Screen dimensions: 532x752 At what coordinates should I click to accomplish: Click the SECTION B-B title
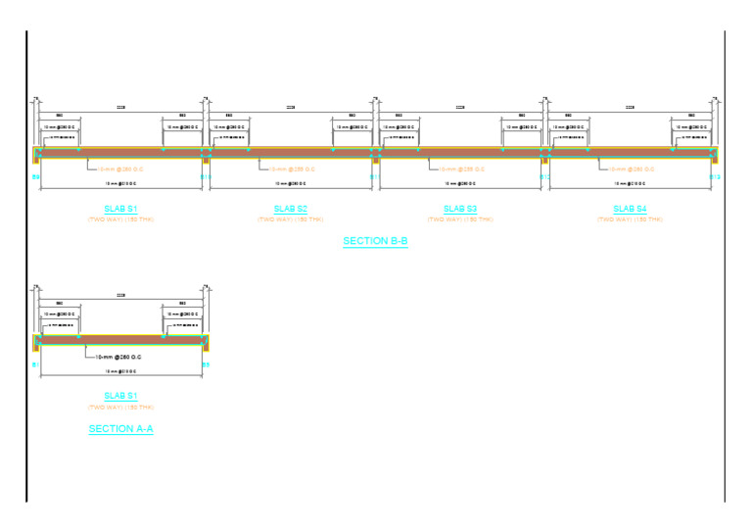pyautogui.click(x=375, y=241)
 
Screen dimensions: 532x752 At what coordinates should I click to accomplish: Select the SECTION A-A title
pyautogui.click(x=121, y=429)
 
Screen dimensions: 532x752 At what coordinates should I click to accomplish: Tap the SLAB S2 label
pyautogui.click(x=291, y=209)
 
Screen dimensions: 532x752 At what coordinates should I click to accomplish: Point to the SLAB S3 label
pyautogui.click(x=460, y=209)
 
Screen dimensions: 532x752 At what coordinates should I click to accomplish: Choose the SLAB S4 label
pyautogui.click(x=630, y=209)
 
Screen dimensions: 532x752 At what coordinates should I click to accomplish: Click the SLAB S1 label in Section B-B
pyautogui.click(x=121, y=209)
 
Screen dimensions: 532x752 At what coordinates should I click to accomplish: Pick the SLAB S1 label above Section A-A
pyautogui.click(x=121, y=396)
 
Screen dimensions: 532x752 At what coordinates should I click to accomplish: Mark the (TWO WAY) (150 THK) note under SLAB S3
pyautogui.click(x=460, y=219)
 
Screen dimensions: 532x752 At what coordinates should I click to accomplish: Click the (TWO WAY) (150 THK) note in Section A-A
pyautogui.click(x=121, y=407)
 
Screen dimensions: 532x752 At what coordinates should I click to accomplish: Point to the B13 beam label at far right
pyautogui.click(x=715, y=177)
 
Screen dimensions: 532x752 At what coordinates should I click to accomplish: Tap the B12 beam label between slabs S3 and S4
pyautogui.click(x=545, y=177)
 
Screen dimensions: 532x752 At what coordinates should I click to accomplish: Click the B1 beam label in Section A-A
pyautogui.click(x=36, y=364)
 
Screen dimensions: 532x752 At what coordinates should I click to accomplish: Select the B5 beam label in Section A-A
pyautogui.click(x=206, y=364)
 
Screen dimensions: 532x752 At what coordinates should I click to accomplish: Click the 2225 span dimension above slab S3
pyautogui.click(x=460, y=107)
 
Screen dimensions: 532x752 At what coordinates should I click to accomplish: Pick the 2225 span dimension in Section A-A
pyautogui.click(x=121, y=295)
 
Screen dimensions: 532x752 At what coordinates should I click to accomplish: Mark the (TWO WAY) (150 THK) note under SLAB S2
pyautogui.click(x=291, y=219)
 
